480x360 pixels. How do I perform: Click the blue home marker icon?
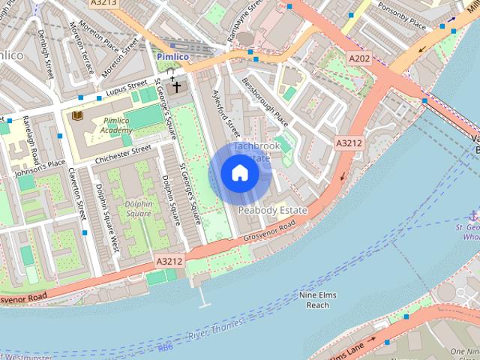(240, 173)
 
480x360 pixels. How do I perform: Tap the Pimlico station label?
(173, 56)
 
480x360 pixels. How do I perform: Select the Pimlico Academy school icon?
(76, 115)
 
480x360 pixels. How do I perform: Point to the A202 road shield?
(359, 58)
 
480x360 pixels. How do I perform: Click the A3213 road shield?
(103, 4)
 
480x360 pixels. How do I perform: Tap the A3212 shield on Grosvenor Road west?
(169, 261)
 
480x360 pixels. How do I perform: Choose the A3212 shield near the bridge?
(349, 142)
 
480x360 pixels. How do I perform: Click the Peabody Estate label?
(273, 211)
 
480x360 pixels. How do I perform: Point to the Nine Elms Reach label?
(318, 300)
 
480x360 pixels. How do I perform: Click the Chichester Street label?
(123, 154)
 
